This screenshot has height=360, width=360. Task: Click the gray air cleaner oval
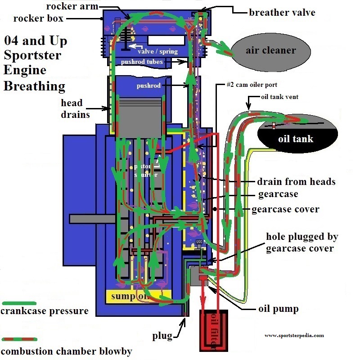[x=271, y=50]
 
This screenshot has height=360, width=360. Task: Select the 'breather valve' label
[x=282, y=12]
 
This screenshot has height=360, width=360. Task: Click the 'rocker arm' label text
[x=71, y=6]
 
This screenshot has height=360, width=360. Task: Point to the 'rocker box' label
[x=39, y=18]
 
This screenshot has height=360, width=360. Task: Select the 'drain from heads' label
[x=296, y=182]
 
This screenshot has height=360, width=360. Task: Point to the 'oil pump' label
[x=278, y=309]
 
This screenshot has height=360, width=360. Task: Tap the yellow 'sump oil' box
[x=138, y=296]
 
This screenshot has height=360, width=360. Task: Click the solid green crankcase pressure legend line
[x=18, y=303]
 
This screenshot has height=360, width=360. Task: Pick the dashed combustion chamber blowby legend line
[x=19, y=339]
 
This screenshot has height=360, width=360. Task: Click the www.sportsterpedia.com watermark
[x=294, y=335]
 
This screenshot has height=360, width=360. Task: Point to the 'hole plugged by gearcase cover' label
[x=302, y=242]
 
